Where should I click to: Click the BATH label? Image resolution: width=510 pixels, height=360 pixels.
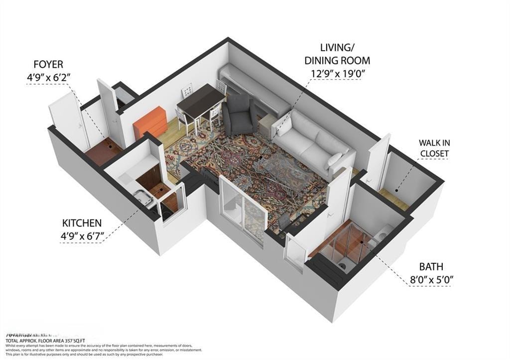coord(431,266)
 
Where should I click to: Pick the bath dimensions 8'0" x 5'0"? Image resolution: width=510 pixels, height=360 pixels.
coord(431,280)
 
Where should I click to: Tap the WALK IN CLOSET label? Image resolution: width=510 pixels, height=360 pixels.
coord(434,148)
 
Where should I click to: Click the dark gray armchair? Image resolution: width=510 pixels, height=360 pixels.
coord(239,116)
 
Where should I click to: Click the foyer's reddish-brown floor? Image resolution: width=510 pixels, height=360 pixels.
coord(102,152)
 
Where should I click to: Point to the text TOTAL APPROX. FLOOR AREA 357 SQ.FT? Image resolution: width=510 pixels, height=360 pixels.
coord(47,340)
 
